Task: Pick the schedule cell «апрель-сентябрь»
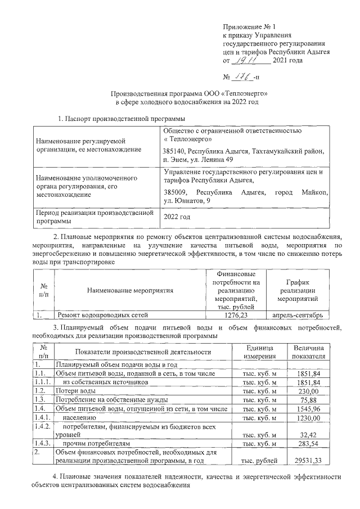pyautogui.click(x=298, y=315)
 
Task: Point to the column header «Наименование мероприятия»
pyautogui.click(x=130, y=290)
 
